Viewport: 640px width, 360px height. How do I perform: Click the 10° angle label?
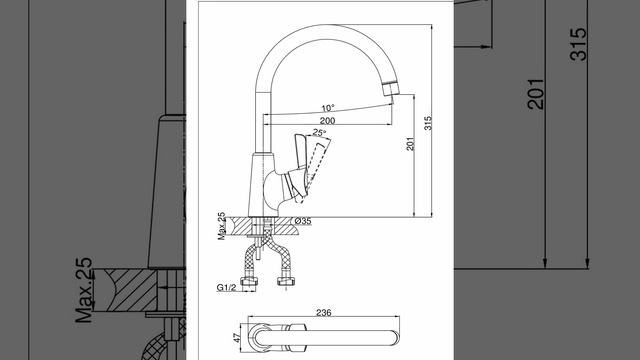(328, 108)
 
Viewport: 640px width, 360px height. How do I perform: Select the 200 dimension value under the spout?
(327, 121)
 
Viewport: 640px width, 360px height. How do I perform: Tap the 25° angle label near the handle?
(319, 133)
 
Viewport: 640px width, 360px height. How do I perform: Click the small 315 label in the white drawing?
(428, 123)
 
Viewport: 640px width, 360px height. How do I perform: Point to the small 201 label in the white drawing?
(410, 143)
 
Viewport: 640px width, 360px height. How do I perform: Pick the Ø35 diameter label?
(302, 221)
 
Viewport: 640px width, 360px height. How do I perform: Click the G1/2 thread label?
(226, 287)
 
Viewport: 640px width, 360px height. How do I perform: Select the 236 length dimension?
(324, 313)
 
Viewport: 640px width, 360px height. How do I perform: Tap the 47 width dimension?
(237, 338)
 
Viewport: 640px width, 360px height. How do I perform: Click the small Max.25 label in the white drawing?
(222, 226)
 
